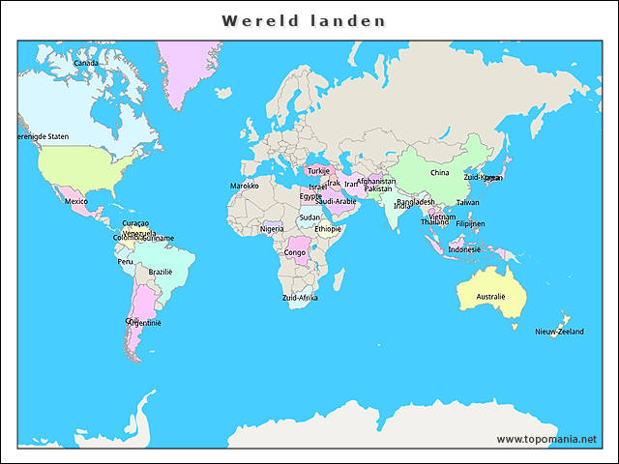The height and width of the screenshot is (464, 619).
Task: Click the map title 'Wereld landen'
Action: (304, 20)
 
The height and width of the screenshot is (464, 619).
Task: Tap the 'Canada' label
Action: (86, 64)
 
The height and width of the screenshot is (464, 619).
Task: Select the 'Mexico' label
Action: (76, 201)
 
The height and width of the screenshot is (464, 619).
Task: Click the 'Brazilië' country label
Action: (160, 272)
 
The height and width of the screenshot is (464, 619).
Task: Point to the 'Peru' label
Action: (125, 261)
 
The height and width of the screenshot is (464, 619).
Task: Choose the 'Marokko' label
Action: (244, 186)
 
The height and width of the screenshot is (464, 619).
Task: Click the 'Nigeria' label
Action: (272, 229)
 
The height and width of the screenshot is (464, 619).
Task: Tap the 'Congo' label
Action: (295, 253)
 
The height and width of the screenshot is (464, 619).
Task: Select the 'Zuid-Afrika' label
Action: (300, 299)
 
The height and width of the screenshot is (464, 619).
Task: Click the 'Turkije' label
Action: (318, 171)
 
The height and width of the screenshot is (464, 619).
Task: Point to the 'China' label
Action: (439, 173)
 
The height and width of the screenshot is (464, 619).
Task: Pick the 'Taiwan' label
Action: (467, 202)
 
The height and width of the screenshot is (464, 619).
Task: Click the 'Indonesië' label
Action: (464, 249)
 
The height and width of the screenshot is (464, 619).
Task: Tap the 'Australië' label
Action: (490, 297)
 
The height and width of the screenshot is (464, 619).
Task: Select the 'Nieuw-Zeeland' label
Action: (559, 332)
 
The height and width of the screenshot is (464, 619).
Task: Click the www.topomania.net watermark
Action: (546, 439)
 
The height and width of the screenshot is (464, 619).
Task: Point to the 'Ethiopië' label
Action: (328, 229)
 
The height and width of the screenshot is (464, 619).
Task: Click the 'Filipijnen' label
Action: (470, 223)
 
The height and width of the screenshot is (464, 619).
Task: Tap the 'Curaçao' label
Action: (135, 223)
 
